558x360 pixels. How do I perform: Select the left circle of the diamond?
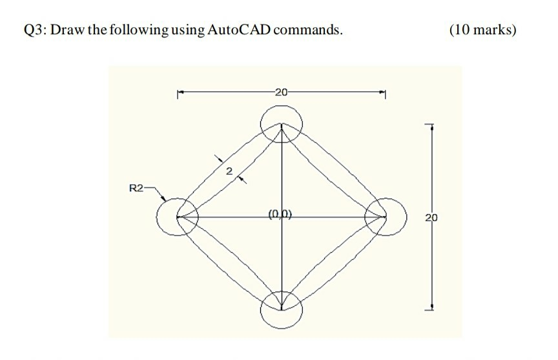pyautogui.click(x=176, y=217)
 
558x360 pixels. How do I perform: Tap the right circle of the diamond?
pyautogui.click(x=386, y=217)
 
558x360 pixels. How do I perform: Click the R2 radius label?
pyautogui.click(x=136, y=189)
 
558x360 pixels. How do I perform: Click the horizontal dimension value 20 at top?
pyautogui.click(x=281, y=91)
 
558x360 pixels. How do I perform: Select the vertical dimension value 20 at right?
pyautogui.click(x=431, y=218)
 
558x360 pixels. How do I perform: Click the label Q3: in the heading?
pyautogui.click(x=35, y=30)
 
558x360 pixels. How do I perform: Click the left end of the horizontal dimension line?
pyautogui.click(x=178, y=92)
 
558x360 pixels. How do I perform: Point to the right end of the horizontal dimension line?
pyautogui.click(x=385, y=92)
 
